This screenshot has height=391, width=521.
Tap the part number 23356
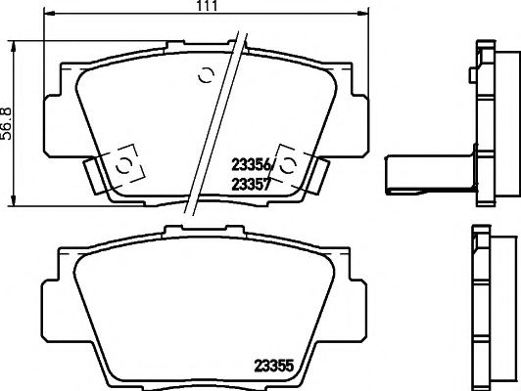[251, 164]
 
